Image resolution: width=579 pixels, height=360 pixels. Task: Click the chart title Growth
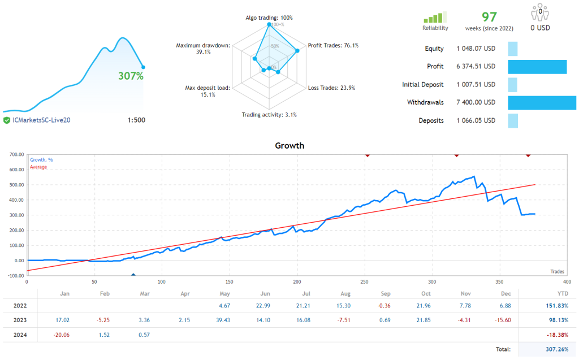tap(289, 145)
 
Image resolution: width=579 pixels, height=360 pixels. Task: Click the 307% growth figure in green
tap(131, 76)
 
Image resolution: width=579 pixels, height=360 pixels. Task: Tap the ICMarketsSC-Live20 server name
tap(41, 120)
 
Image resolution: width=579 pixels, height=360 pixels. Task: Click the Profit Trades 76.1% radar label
tap(332, 45)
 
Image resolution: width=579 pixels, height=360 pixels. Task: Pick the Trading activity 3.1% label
tap(269, 115)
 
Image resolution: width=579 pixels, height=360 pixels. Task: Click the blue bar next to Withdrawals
tap(542, 102)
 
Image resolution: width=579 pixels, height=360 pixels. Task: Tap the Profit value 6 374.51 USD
tap(476, 67)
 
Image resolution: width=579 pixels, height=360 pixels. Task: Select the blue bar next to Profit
tap(537, 67)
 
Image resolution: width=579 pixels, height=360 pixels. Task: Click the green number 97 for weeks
tap(489, 17)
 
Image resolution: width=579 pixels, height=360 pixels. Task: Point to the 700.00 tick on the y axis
tap(14, 154)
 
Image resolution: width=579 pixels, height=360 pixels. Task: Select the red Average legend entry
tap(38, 167)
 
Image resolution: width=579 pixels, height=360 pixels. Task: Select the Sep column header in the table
tap(386, 293)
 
